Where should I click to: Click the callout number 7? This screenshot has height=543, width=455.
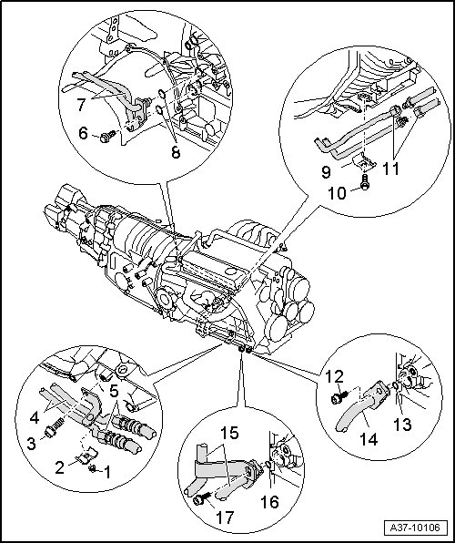(81, 105)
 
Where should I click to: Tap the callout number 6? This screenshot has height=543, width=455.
(83, 133)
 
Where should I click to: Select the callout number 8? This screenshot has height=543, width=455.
(176, 151)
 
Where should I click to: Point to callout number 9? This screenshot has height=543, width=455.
(326, 172)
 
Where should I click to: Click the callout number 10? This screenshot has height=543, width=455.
(337, 193)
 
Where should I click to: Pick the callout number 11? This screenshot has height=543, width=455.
(391, 169)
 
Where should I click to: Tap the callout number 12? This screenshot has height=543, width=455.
(334, 377)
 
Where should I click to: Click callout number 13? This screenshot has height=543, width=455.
(403, 425)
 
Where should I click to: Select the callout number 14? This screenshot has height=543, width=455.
(369, 439)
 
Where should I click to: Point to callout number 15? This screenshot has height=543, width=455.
(229, 433)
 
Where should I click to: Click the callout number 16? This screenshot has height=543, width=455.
(269, 502)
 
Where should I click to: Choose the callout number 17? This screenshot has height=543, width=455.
(225, 517)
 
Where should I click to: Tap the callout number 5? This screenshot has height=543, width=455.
(114, 391)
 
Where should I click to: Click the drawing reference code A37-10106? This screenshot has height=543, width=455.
(415, 528)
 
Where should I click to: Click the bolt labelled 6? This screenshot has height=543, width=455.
(107, 136)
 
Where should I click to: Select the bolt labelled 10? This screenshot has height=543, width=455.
(364, 182)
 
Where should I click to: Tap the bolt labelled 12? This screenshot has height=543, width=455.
(339, 397)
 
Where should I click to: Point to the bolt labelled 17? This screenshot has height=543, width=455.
(203, 498)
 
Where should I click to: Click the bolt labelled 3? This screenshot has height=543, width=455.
(55, 427)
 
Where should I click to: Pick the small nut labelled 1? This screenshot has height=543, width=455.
(92, 468)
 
